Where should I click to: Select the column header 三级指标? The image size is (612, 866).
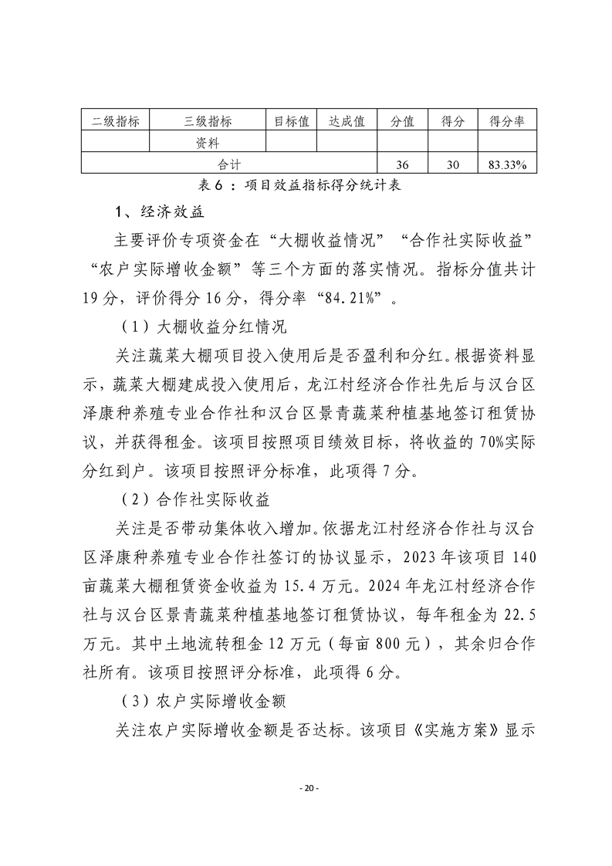[208, 121]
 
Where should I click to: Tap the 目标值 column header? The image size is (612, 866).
[292, 121]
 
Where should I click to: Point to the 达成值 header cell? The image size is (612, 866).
[347, 121]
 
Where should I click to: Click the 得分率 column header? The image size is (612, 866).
[507, 121]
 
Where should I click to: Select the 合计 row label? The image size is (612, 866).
[229, 164]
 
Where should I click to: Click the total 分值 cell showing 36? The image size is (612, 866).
[401, 164]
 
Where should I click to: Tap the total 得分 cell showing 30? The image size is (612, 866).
[452, 164]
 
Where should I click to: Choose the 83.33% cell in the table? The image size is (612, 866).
[507, 164]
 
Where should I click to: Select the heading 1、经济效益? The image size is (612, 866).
[159, 211]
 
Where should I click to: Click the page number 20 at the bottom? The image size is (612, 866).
[306, 788]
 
